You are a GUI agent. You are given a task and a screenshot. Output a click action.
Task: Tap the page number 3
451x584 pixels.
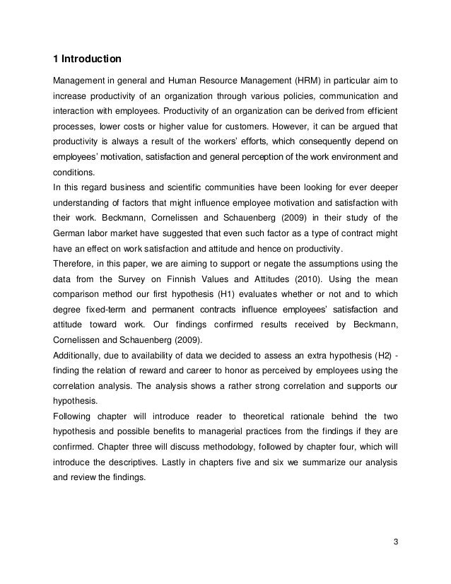coord(394,542)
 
